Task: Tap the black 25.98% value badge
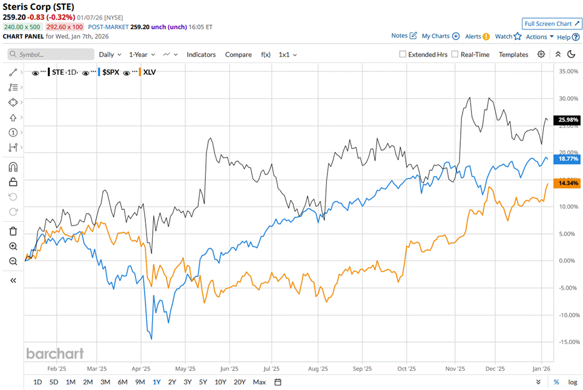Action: coord(569,120)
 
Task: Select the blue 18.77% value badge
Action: coord(569,159)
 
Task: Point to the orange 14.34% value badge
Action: coord(569,183)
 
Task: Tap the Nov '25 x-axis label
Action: coord(455,368)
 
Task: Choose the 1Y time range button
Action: coord(157,382)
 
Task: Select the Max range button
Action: coord(259,382)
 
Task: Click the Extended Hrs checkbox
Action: coord(403,54)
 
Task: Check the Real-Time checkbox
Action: coord(455,54)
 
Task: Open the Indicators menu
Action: coord(201,54)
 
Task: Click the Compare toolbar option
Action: coord(238,54)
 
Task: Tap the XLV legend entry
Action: coord(150,72)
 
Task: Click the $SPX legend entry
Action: coord(110,72)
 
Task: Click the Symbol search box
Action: coord(51,54)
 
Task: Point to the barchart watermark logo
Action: coord(55,353)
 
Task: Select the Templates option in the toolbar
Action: coord(513,54)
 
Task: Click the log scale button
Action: coord(572,382)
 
